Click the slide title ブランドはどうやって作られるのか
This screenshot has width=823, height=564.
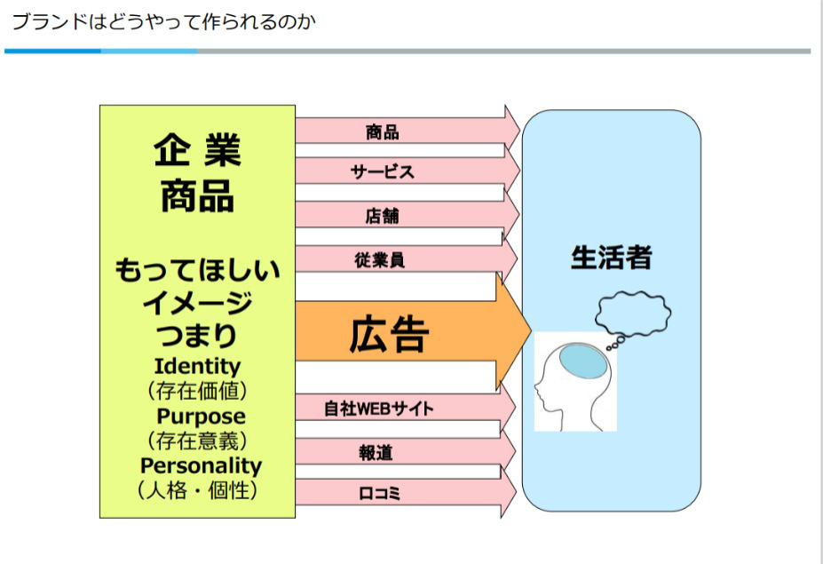[x=163, y=21]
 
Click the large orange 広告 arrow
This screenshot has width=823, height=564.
[x=391, y=335]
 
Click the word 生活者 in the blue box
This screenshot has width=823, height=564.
[x=611, y=258]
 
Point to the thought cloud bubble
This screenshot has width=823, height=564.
[x=632, y=313]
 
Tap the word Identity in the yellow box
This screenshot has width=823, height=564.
[x=197, y=366]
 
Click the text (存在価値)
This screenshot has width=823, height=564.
[x=197, y=391]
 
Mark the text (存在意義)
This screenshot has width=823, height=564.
[x=197, y=441]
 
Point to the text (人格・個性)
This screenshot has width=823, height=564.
[x=197, y=490]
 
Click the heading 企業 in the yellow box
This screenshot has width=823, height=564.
[x=197, y=151]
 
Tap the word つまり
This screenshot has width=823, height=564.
[x=197, y=336]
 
